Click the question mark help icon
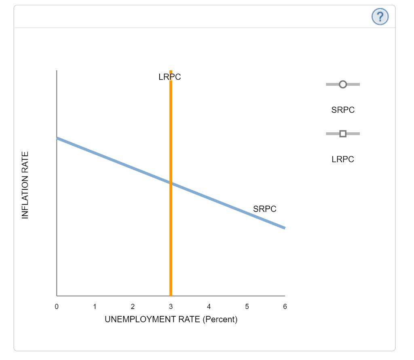380,17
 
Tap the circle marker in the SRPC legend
342,84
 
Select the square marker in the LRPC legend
342,133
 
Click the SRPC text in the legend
343,110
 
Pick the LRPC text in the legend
343,159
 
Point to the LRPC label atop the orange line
170,77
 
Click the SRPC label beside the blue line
265,209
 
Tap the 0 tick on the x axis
57,307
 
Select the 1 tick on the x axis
95,307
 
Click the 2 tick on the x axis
133,307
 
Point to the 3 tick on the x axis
171,307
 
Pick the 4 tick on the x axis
209,307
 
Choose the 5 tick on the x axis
247,307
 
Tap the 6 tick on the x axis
285,307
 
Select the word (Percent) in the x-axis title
220,320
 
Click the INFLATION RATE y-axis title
25,185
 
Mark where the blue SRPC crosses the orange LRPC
171,183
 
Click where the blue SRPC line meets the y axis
57,138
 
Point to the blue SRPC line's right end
284,228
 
